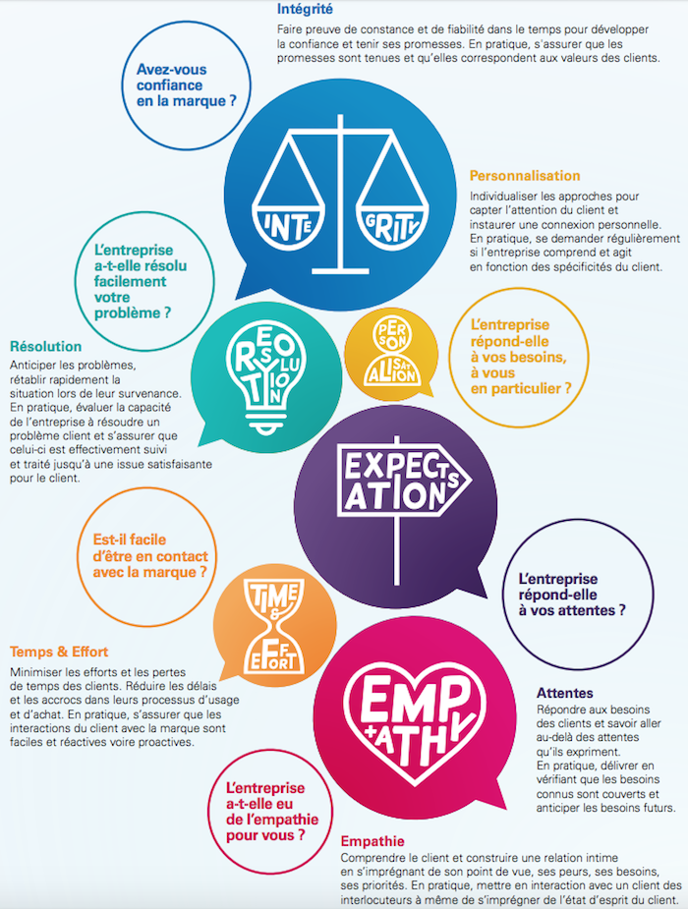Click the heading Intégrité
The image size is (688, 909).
coord(305,9)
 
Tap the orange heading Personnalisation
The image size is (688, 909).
coord(525,176)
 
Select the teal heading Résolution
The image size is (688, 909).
coord(46,347)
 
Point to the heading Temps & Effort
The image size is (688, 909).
coord(59,652)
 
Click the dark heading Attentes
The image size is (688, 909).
coord(565,693)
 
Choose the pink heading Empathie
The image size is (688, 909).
coord(373,841)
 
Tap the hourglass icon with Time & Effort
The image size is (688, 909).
coord(273,626)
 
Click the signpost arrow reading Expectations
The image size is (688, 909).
coord(403,480)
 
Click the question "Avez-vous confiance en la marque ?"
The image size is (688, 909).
coord(187,85)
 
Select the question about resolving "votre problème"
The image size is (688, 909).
coord(141,281)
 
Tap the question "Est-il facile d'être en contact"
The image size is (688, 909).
coord(150,556)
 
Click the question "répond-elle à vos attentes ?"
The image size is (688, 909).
coord(572,595)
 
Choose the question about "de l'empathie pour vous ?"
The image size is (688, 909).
coord(272,812)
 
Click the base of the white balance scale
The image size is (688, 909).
coord(340,270)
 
